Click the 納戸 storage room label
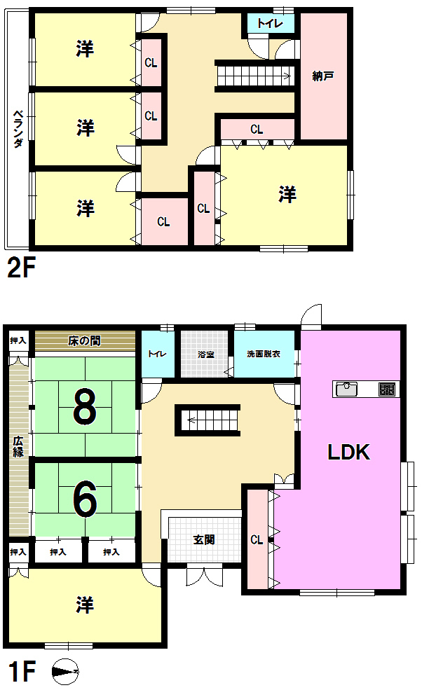[323, 76]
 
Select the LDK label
[349, 452]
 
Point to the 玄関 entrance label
[204, 540]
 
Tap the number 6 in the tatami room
[84, 498]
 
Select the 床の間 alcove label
[85, 341]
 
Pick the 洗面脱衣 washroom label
[264, 354]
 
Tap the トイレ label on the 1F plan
[156, 354]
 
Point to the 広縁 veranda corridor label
[18, 446]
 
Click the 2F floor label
[21, 268]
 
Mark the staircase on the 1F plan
[210, 420]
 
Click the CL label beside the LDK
[257, 540]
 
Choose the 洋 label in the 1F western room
[85, 605]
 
